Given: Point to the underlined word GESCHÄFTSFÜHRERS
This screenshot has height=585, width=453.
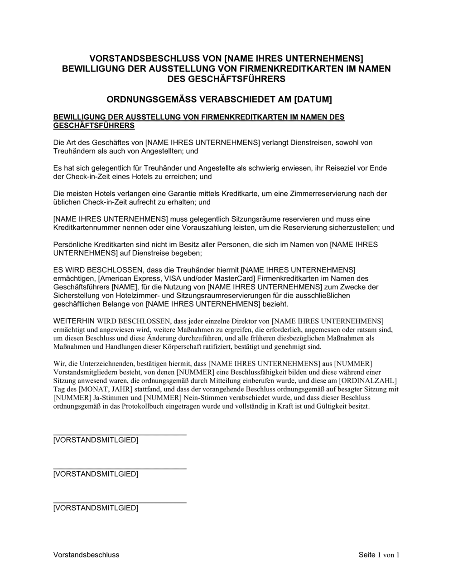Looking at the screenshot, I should [x=94, y=125].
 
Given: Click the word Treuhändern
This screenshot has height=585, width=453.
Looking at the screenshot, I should [x=73, y=151].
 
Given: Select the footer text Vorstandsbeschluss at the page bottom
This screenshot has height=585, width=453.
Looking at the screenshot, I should [x=86, y=555].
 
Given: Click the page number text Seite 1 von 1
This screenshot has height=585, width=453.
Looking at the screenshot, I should [x=379, y=555].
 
